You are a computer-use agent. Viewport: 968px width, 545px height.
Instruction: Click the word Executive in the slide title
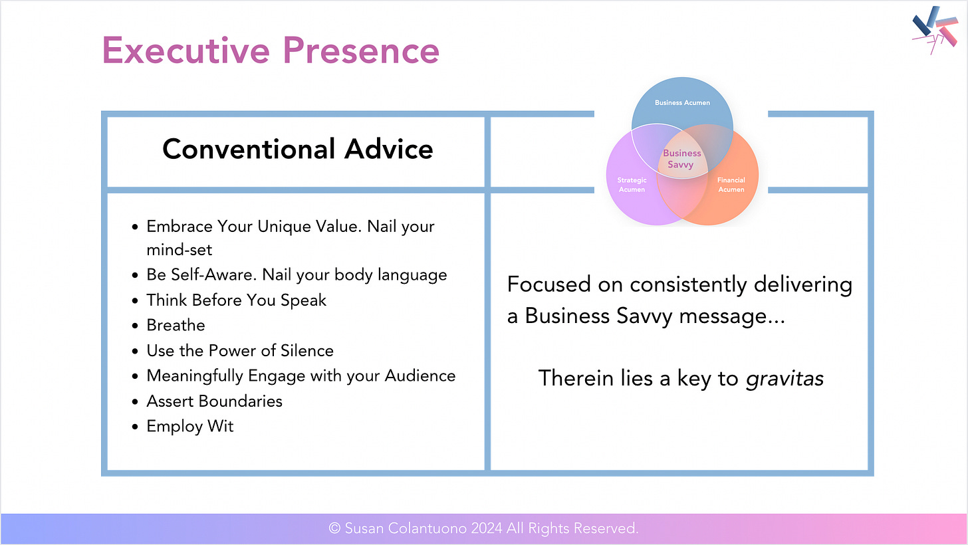coord(186,51)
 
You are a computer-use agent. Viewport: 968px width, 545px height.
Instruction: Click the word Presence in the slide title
coord(361,51)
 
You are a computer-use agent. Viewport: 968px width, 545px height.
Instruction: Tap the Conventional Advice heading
coord(297,149)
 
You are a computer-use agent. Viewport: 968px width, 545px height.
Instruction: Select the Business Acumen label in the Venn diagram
coord(682,103)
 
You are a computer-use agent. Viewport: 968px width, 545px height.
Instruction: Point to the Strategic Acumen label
coord(632,185)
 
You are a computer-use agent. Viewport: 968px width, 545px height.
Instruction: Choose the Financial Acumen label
coord(731,185)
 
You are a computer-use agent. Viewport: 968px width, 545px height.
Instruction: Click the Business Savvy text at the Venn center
coord(681,159)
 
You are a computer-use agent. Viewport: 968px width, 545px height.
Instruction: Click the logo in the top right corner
coord(935,29)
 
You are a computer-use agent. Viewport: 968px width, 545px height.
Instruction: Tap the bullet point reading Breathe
coord(176,325)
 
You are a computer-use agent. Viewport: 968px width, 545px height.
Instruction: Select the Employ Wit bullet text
coord(190,427)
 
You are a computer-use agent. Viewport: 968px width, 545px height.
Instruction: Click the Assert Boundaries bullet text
coord(214,401)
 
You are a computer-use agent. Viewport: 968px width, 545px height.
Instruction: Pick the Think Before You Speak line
coord(237,300)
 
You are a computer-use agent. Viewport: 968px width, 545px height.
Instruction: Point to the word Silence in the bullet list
coord(307,351)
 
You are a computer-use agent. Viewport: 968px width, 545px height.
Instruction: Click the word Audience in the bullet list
coord(420,376)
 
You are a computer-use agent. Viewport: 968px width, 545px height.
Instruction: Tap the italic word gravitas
coord(785,379)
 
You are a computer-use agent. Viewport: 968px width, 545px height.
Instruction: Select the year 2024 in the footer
coord(487,528)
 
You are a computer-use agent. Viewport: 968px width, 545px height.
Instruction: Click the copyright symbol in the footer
coord(334,528)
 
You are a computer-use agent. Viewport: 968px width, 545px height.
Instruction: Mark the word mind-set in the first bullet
coord(180,250)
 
